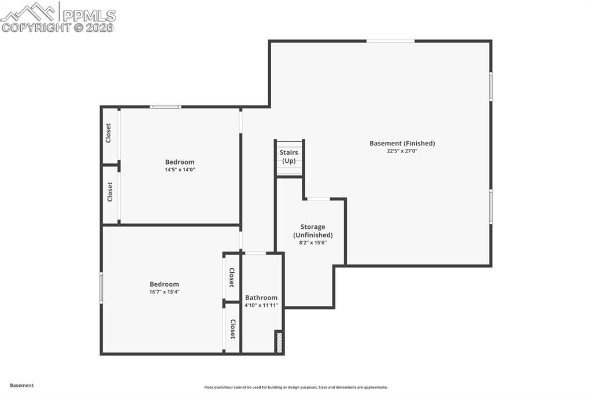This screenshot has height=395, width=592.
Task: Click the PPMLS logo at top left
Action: tap(58, 12)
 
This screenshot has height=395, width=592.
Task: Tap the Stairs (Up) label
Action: tap(289, 156)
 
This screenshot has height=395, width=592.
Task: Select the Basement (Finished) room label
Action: tap(402, 143)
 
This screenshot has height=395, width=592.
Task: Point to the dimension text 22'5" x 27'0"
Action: tap(402, 151)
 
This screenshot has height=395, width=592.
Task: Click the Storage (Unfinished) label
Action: tap(313, 231)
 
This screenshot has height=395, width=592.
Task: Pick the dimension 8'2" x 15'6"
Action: tap(313, 243)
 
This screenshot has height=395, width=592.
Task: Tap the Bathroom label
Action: tap(261, 298)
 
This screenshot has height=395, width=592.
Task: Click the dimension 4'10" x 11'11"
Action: tap(261, 305)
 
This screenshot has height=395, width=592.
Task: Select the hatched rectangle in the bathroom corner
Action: tap(279, 342)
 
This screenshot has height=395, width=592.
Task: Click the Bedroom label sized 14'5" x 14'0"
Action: tap(180, 162)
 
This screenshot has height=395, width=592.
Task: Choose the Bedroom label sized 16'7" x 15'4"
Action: tap(164, 284)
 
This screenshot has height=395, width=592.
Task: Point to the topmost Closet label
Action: tap(108, 133)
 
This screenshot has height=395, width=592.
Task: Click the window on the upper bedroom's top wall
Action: tap(165, 107)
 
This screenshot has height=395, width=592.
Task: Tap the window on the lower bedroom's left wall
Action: tap(101, 288)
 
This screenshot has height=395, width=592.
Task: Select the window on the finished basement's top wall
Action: tap(391, 41)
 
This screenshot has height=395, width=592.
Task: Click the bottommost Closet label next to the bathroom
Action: tap(233, 329)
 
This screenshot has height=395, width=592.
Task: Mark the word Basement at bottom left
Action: tap(22, 385)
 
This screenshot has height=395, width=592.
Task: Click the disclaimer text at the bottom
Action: tap(296, 387)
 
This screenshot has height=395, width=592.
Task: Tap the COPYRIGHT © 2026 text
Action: tap(58, 27)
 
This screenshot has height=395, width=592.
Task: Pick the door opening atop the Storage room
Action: tap(318, 199)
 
